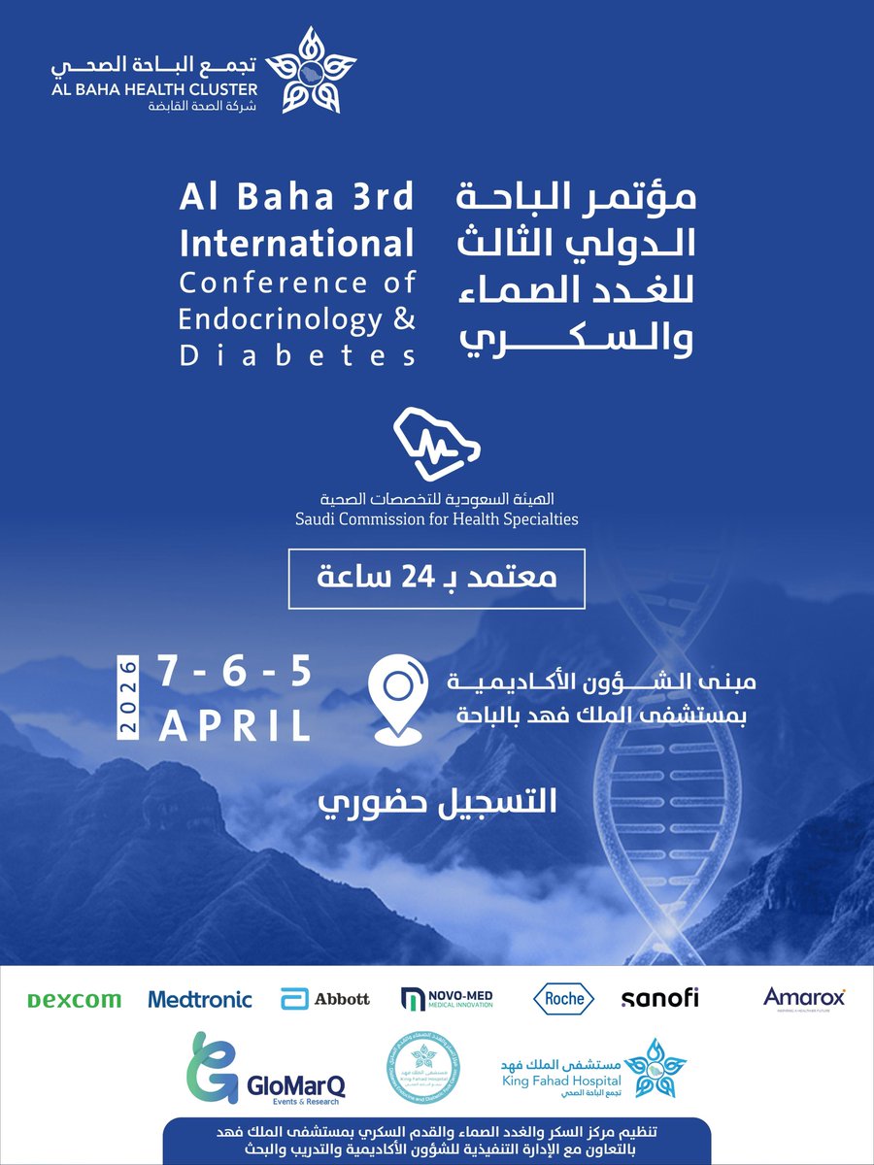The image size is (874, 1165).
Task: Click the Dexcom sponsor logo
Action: coord(74,1000)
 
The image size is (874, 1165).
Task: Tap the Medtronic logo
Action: coord(200,999)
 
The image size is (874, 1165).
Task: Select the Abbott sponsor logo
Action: coord(325,999)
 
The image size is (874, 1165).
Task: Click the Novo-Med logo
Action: coord(448,999)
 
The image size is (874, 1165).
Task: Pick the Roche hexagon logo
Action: coord(564,998)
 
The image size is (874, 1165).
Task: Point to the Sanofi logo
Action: coord(659,998)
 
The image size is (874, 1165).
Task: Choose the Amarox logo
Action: coord(804,998)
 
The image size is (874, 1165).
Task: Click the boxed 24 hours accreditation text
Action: coord(436,578)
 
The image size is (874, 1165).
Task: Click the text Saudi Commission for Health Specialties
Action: coord(436,519)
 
